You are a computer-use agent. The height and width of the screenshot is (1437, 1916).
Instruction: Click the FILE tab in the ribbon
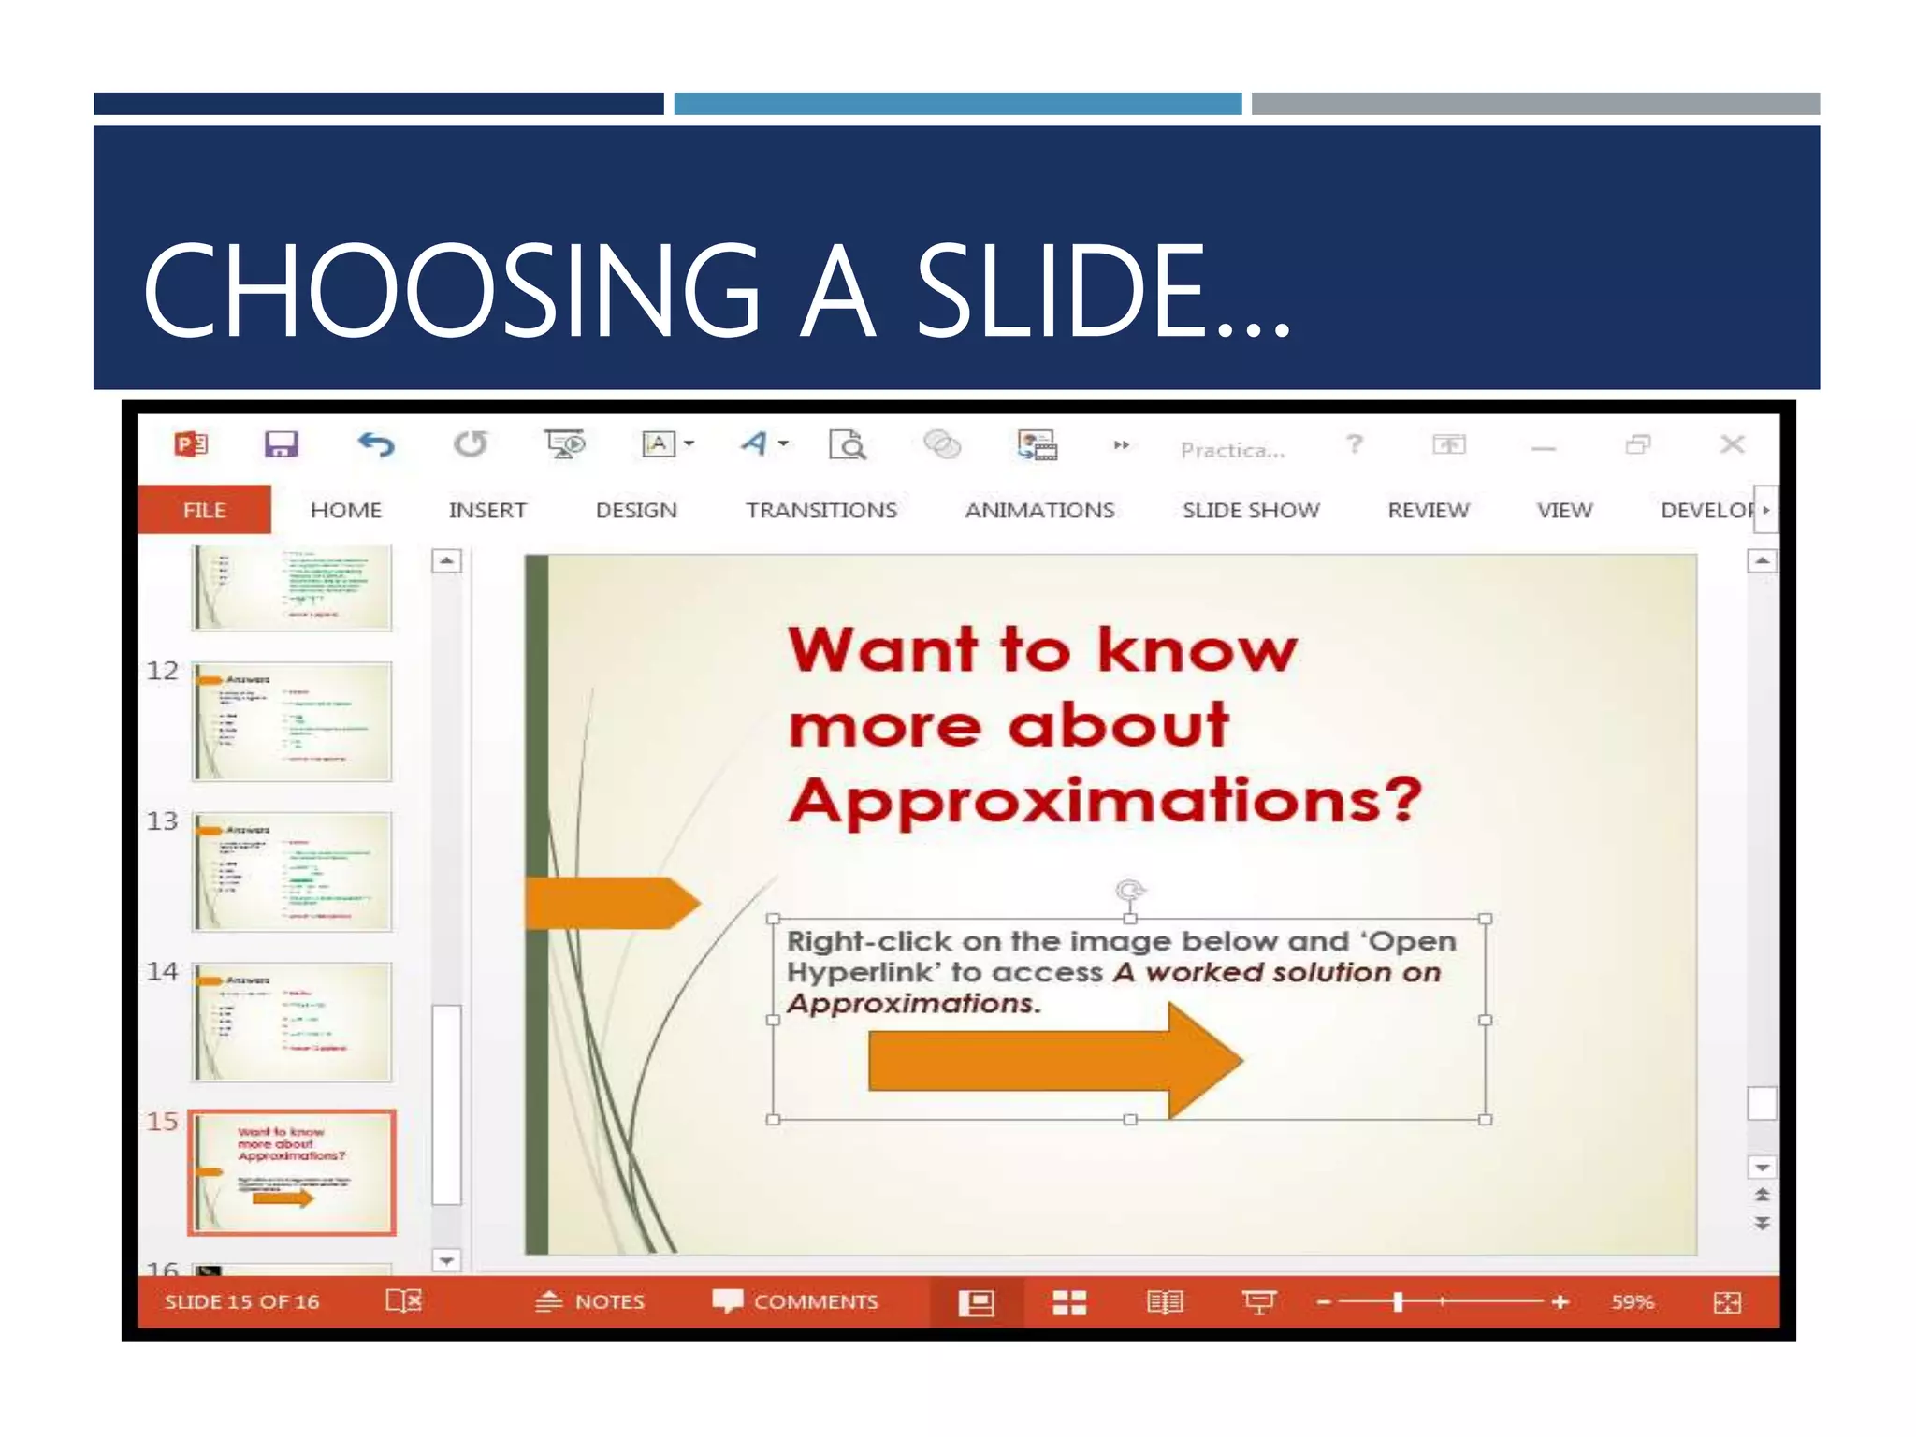[204, 510]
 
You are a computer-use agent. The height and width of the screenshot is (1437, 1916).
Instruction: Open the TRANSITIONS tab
[820, 510]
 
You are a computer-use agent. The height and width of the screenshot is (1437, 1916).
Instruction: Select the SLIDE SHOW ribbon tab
[1250, 510]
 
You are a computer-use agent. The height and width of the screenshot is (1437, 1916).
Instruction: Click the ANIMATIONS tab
[1039, 510]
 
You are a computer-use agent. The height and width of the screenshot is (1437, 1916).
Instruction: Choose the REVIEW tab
[1428, 510]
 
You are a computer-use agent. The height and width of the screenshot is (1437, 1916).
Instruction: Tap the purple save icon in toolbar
[281, 444]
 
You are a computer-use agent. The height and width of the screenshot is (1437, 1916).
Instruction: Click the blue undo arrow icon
[376, 444]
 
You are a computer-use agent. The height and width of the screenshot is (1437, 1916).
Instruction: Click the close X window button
[1732, 444]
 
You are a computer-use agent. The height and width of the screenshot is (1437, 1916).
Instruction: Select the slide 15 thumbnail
[292, 1172]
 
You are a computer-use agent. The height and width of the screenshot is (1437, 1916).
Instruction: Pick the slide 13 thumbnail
[292, 872]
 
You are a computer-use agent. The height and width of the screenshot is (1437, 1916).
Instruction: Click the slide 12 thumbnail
[292, 721]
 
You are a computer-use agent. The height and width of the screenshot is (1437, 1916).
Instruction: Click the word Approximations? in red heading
[1104, 801]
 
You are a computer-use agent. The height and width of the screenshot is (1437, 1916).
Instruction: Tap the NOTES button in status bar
[591, 1301]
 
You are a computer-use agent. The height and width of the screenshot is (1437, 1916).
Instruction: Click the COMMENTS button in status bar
[796, 1301]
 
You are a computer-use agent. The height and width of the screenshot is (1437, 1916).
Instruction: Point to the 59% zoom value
[1633, 1301]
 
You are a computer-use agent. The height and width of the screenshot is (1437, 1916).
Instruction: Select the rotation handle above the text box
[1130, 890]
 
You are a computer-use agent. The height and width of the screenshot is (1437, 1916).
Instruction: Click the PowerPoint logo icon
[191, 444]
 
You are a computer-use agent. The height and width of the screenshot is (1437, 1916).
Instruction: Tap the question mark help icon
[1354, 444]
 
